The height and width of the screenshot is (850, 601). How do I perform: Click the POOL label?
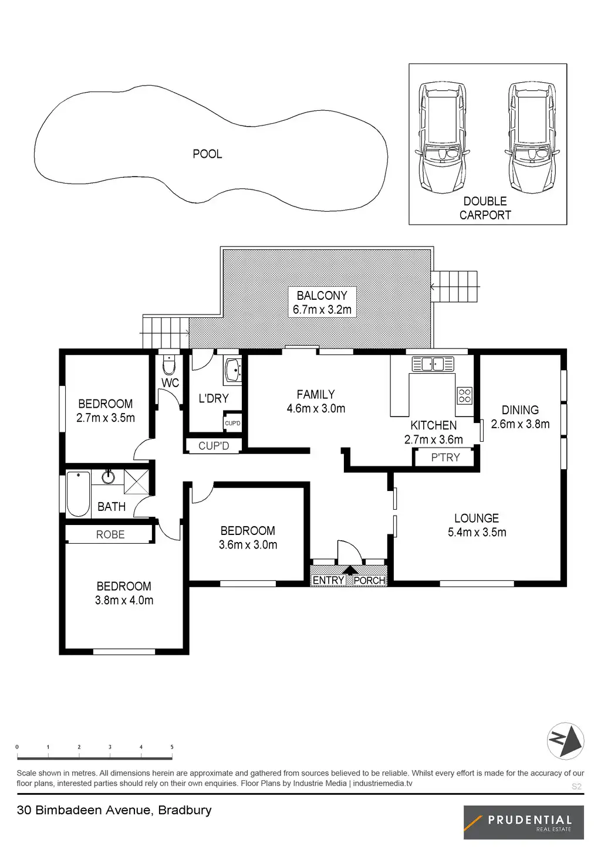(207, 154)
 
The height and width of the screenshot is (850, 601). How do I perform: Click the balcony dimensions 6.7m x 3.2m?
(322, 310)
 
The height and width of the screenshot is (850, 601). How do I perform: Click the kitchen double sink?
(433, 364)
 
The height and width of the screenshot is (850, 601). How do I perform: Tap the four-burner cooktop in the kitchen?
(464, 395)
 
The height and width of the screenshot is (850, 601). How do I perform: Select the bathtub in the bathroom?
(79, 493)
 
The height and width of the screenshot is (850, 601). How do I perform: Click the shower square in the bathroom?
(136, 482)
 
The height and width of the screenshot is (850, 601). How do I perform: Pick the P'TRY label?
(445, 458)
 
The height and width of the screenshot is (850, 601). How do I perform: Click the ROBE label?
(110, 534)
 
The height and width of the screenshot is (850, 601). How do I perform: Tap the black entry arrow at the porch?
(350, 570)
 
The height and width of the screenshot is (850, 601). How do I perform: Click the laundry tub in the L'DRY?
(233, 370)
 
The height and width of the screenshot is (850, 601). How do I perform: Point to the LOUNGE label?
(477, 519)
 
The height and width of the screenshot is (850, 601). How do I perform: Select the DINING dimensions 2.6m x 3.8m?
(520, 424)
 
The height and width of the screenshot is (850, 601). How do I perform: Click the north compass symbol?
(565, 741)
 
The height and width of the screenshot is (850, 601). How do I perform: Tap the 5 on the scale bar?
(172, 747)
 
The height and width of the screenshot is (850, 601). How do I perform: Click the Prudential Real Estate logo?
(524, 822)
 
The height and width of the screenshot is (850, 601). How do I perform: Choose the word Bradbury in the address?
(185, 810)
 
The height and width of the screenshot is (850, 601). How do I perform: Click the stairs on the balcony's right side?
(454, 286)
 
